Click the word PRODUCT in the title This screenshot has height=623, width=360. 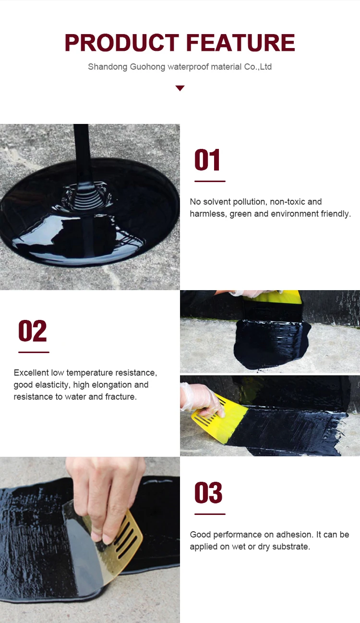click(x=122, y=43)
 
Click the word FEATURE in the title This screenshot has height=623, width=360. click(x=240, y=43)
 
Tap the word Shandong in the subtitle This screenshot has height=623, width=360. click(x=108, y=67)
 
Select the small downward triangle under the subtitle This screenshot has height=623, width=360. click(x=180, y=88)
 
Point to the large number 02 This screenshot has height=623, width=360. click(x=33, y=330)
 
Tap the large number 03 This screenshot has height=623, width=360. click(x=208, y=492)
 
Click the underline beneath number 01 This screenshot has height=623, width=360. click(x=210, y=182)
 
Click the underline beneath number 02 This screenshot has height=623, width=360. click(x=34, y=352)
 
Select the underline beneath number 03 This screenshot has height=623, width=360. click(x=210, y=514)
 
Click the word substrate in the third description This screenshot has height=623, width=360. click(x=291, y=547)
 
